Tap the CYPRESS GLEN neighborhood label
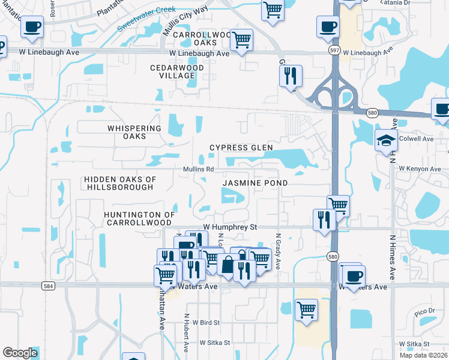tap(241, 148)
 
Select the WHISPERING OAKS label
tap(134, 132)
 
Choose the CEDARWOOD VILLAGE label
tap(177, 72)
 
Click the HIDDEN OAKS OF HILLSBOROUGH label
tap(119, 183)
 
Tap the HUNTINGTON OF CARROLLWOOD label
tap(139, 218)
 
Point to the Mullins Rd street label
tap(198, 169)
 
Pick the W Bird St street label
tap(206, 323)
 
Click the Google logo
tap(20, 353)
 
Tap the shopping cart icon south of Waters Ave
tap(306, 310)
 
